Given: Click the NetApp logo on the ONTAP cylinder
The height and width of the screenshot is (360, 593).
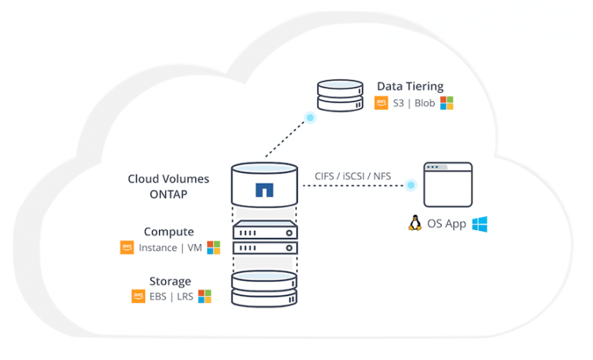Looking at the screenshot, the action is click(264, 189).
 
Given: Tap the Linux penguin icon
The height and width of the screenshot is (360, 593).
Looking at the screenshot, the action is click(415, 223).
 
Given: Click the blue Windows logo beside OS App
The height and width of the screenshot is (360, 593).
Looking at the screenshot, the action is click(479, 224).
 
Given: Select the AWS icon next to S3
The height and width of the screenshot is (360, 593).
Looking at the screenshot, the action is click(381, 103).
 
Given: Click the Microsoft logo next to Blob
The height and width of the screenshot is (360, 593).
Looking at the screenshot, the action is click(446, 103).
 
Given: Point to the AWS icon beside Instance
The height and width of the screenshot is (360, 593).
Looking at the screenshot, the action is click(127, 247).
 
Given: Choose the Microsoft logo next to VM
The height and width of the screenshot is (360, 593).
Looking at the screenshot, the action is click(213, 247).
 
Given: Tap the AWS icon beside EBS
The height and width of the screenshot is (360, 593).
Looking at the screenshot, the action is click(138, 296).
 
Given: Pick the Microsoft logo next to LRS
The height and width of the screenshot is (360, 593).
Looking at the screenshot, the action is click(205, 296).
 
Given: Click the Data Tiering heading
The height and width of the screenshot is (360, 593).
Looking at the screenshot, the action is click(410, 87).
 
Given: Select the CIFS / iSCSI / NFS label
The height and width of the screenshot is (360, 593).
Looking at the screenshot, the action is click(353, 176).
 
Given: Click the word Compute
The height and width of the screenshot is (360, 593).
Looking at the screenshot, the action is click(169, 232).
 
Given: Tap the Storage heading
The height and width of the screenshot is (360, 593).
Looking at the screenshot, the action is click(170, 281).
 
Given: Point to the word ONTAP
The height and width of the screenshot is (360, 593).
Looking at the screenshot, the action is click(168, 194).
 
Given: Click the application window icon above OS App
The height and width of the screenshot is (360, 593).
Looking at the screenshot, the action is click(448, 185).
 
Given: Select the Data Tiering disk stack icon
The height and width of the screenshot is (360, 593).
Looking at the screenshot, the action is click(341, 95).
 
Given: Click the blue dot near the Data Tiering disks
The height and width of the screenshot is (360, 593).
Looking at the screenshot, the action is click(310, 117).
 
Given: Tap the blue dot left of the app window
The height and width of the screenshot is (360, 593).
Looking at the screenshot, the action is click(411, 185).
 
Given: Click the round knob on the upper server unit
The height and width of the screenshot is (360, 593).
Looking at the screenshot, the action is click(290, 233).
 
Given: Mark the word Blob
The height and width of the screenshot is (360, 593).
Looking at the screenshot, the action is click(425, 103).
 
